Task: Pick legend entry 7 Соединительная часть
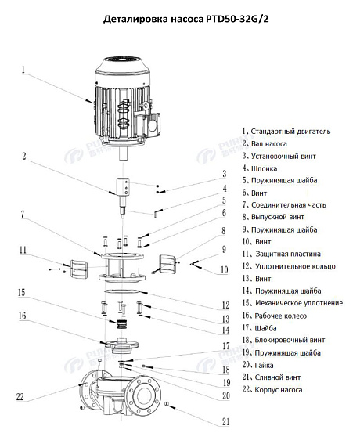point(284,204)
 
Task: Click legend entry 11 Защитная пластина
point(281,254)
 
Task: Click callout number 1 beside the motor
point(23,70)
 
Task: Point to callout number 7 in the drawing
point(23,214)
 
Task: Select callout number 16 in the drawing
point(23,316)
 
